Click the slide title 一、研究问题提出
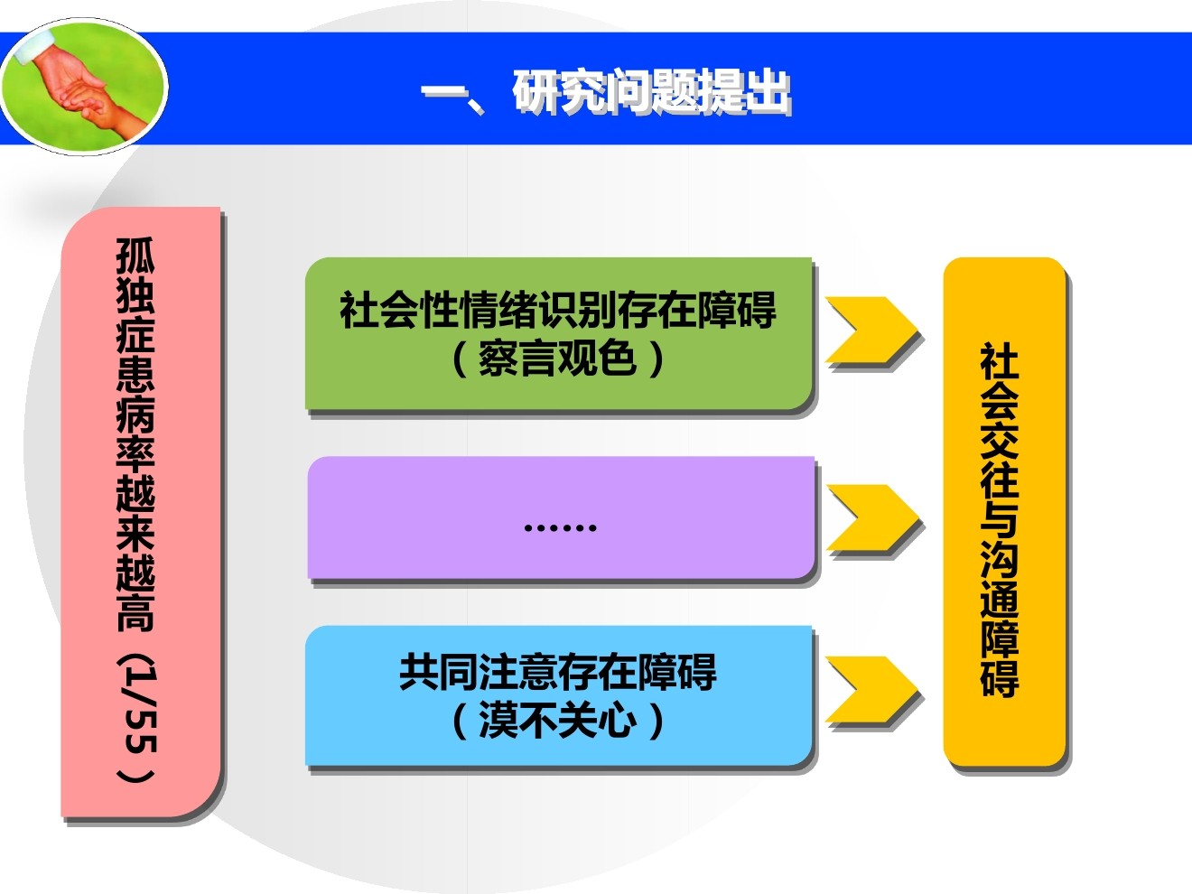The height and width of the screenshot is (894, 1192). [x=606, y=92]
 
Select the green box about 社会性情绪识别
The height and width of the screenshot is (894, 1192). [x=559, y=334]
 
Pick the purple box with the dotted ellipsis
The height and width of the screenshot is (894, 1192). [x=561, y=518]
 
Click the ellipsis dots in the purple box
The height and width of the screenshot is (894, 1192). [x=561, y=527]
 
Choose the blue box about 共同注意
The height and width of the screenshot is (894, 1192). [x=559, y=696]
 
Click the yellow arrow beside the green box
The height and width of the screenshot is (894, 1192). [x=871, y=331]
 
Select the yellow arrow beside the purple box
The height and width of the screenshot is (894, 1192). [x=872, y=520]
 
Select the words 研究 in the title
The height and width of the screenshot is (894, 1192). [x=560, y=92]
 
